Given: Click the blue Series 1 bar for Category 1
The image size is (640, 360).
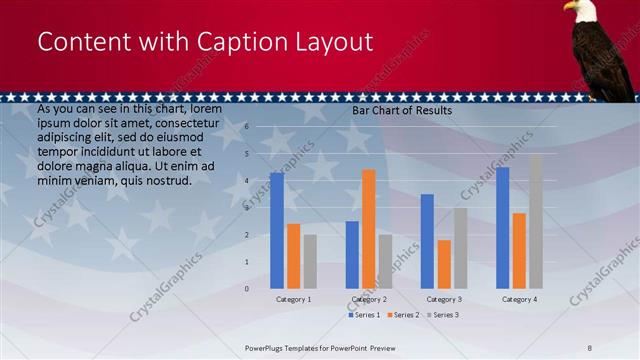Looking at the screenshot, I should [277, 230].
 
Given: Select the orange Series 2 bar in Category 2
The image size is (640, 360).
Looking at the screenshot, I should [369, 229].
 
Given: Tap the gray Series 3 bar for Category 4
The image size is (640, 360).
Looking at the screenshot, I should [536, 221].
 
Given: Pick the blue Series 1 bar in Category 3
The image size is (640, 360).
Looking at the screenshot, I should [427, 241].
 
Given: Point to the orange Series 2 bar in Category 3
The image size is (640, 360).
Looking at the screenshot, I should [444, 264].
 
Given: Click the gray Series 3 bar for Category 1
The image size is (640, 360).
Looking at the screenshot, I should [310, 261].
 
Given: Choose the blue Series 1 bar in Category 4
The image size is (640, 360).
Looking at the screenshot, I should [502, 228].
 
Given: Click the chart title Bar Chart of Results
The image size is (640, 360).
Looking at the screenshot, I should [401, 111].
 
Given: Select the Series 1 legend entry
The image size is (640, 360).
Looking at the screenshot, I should [364, 315].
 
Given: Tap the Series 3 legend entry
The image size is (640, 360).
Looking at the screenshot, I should [443, 315].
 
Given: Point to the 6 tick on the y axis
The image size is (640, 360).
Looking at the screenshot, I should [246, 127].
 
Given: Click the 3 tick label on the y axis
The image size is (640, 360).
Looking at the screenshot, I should [246, 208].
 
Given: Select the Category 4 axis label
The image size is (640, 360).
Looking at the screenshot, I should [519, 299].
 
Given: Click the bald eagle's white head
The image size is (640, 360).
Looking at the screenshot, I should [584, 10].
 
